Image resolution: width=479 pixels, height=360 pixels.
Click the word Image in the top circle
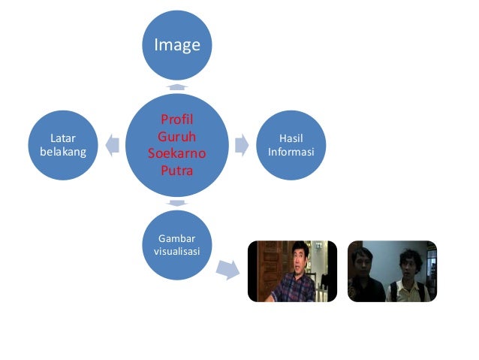(x=177, y=45)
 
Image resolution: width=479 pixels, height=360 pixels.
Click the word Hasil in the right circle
(x=291, y=138)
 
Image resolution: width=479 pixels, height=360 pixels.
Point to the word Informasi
(x=291, y=153)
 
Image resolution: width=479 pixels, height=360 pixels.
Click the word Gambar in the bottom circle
(x=176, y=237)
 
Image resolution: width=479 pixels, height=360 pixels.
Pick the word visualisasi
(x=176, y=251)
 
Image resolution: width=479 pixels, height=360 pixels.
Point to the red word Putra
(x=176, y=170)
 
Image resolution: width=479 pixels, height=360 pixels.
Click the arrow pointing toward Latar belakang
(x=113, y=145)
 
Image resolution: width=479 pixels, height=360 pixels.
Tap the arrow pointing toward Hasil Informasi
(x=242, y=144)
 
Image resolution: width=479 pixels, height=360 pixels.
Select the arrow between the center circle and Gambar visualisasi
(x=177, y=203)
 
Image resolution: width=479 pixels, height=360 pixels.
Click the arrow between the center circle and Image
(x=177, y=87)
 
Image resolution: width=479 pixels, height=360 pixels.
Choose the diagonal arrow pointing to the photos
(x=227, y=270)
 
